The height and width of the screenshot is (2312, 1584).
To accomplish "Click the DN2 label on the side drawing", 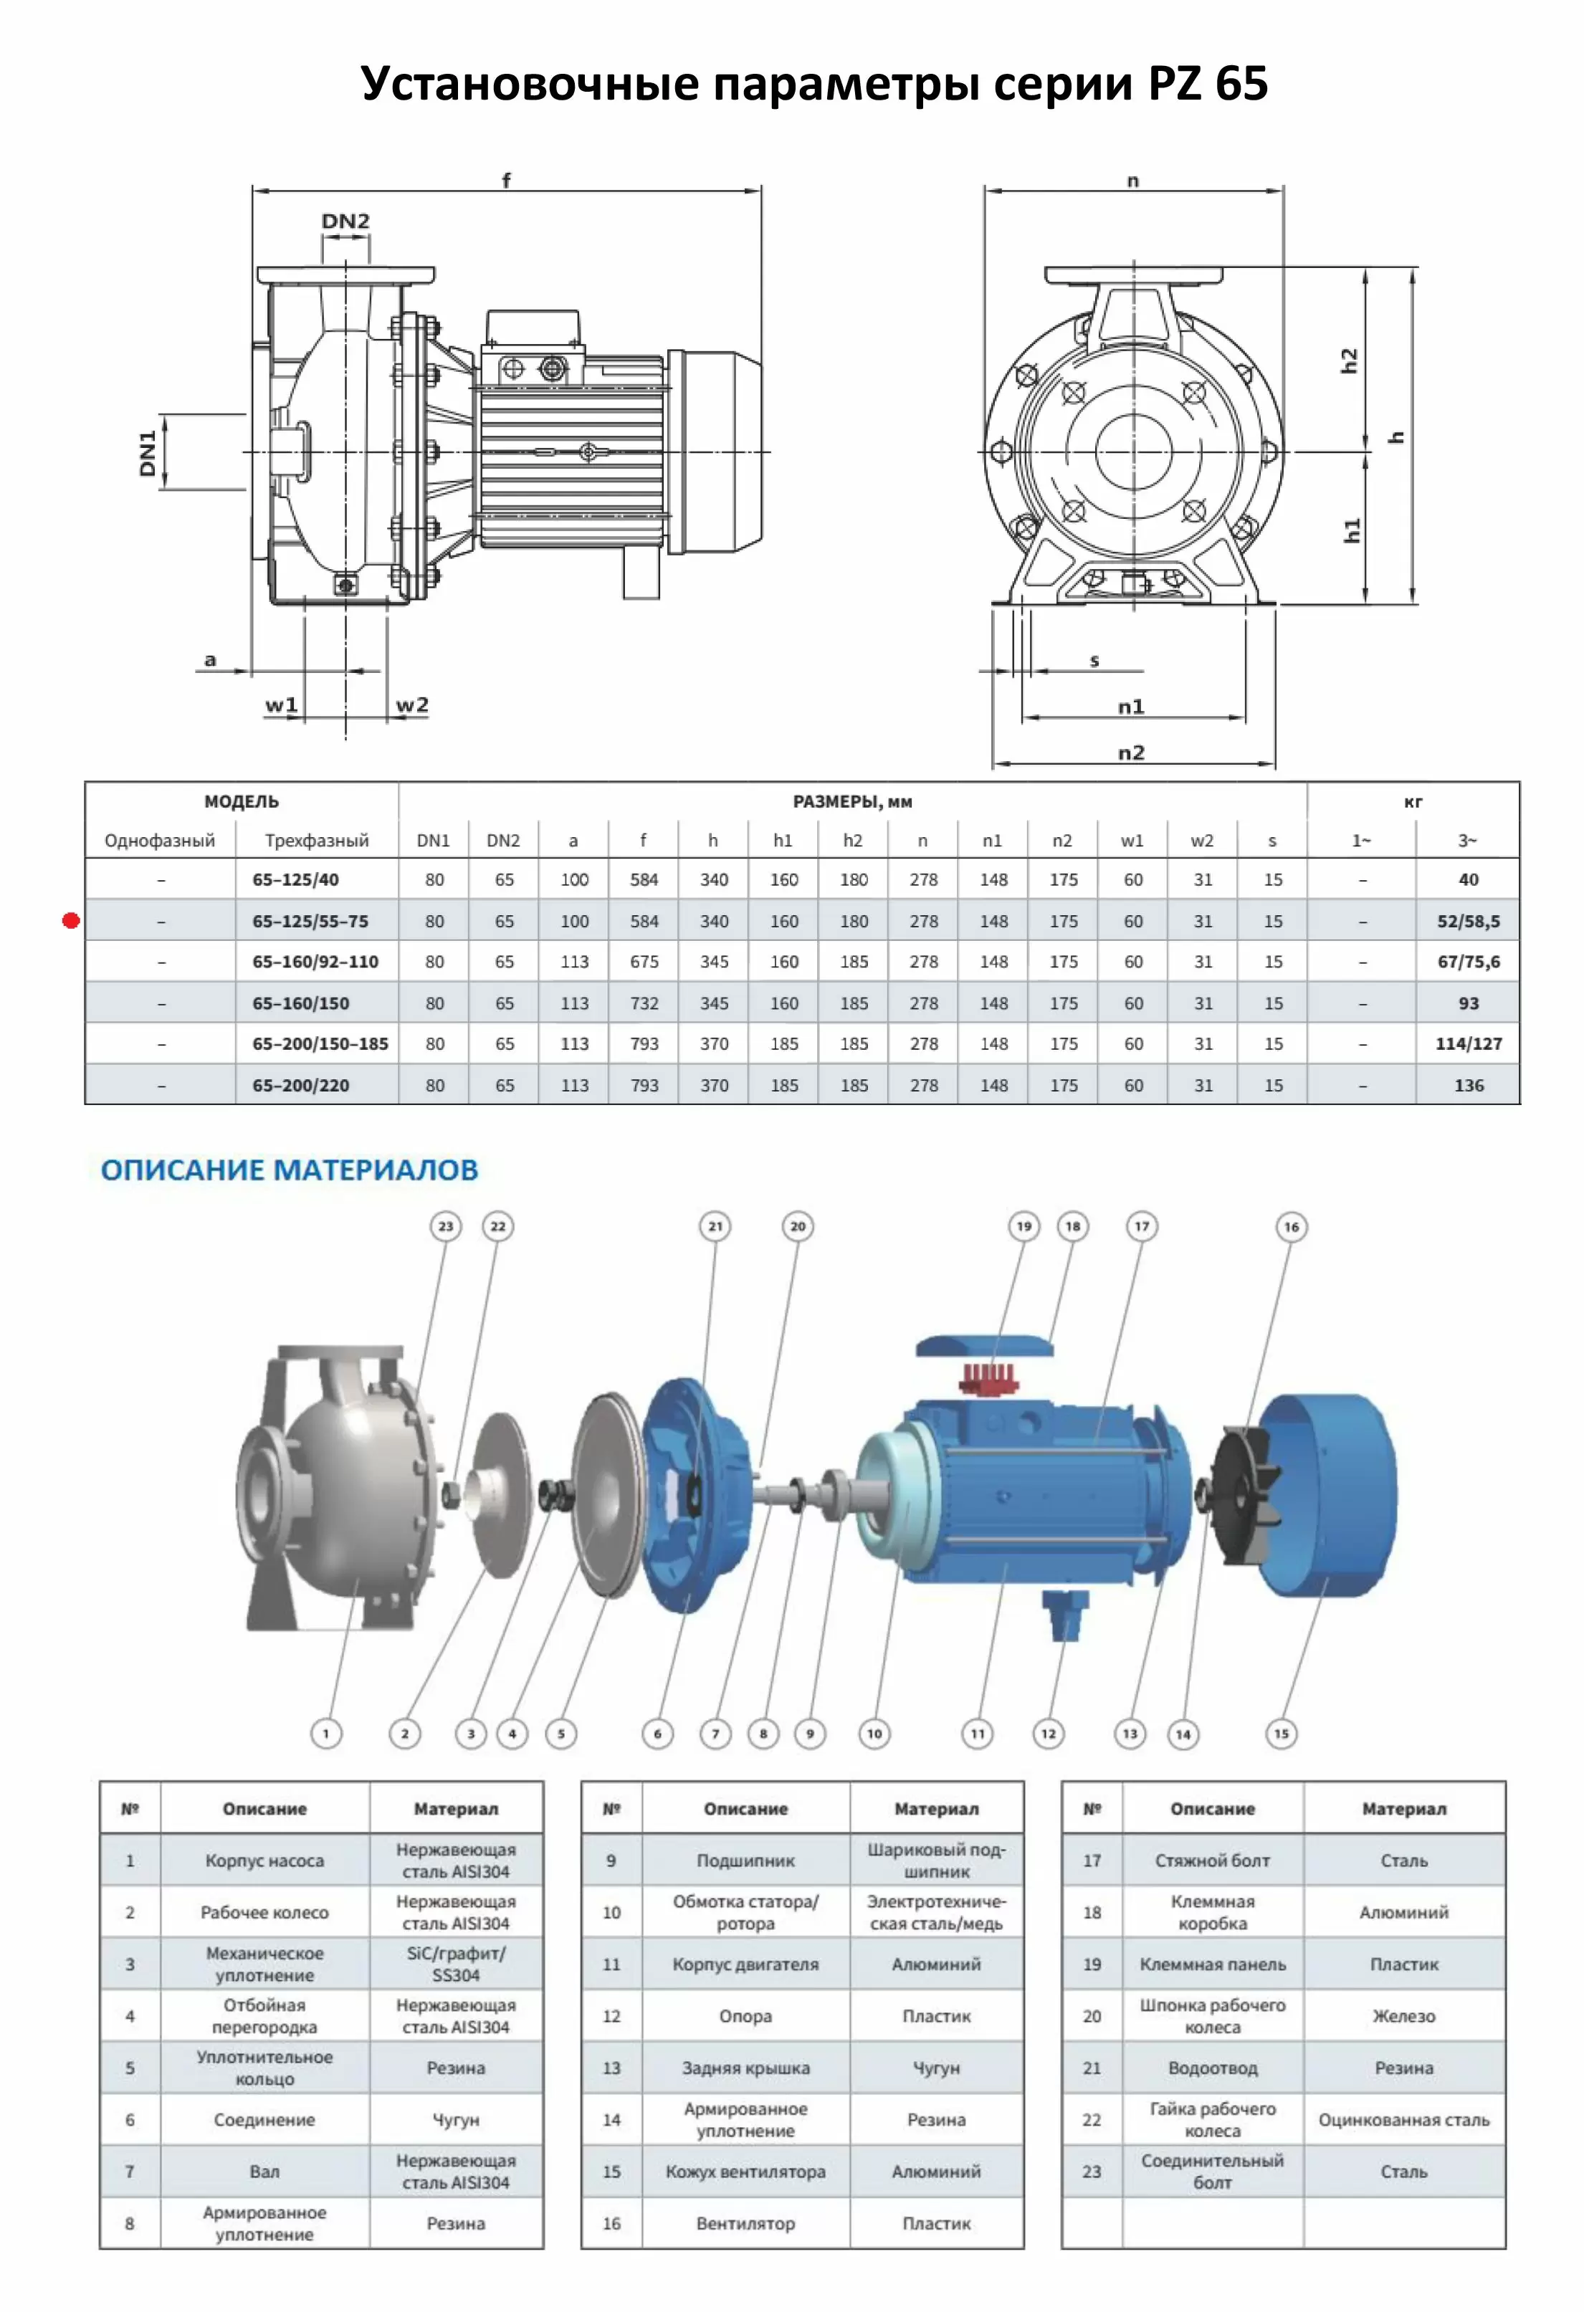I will pos(345,221).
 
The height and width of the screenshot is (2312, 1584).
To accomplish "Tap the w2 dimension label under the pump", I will pos(412,704).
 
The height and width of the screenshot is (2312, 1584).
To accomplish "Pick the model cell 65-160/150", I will pos(300,1003).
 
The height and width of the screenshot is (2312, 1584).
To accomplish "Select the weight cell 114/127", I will pos(1468,1043).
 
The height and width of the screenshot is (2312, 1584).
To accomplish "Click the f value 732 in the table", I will pos(644,1003).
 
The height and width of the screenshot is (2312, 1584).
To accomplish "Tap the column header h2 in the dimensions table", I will pos(853,841).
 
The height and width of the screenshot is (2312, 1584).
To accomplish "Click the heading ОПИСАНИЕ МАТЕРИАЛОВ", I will pos(290,1170).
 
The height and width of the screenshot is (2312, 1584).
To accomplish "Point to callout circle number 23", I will pos(446,1227).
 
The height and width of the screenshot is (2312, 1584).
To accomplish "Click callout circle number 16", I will pos(1290,1227).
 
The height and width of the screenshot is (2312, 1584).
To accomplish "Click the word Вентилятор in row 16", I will pos(745,2222).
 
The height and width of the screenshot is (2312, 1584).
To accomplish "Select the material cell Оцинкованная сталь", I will pos(1403,2119).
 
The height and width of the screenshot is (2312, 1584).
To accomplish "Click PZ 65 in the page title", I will pos(1208,84).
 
